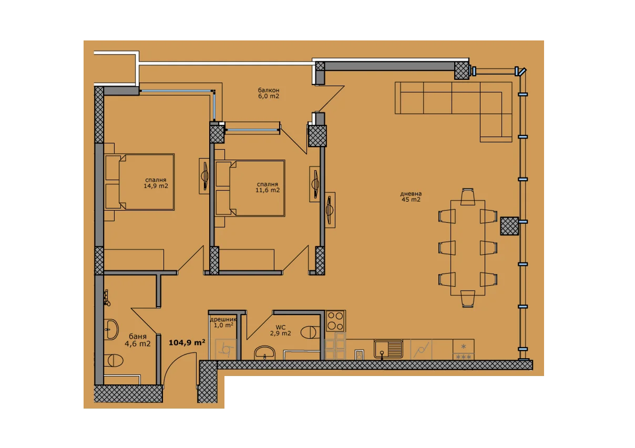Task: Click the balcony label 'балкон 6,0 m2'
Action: (x=268, y=93)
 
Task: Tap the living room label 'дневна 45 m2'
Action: (x=411, y=196)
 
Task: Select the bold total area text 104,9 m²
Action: (x=187, y=342)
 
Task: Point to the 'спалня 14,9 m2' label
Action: (x=156, y=183)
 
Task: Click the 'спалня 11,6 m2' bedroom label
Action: (x=268, y=187)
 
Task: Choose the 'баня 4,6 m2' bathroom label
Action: (x=138, y=340)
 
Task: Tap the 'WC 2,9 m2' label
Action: (x=280, y=330)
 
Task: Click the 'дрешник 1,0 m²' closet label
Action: (x=223, y=322)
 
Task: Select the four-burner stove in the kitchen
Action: (x=335, y=321)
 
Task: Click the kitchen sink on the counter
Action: (x=388, y=349)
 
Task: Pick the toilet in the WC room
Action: (x=310, y=332)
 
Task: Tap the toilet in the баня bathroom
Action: (x=114, y=360)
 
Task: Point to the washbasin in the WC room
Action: (x=264, y=353)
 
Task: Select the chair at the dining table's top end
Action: (x=467, y=196)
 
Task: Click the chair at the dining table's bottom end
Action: (x=467, y=299)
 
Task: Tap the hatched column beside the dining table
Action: (x=509, y=226)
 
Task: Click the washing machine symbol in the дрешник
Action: (x=226, y=350)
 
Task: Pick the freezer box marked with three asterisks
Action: (x=464, y=357)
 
